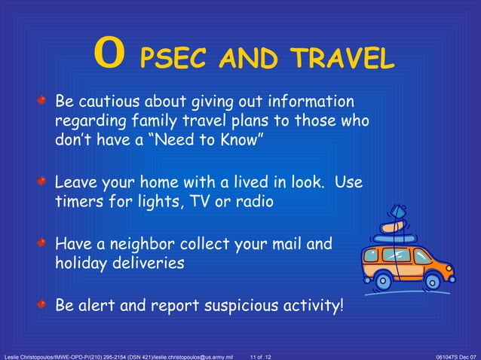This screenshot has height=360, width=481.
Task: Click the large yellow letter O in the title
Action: click(x=109, y=55)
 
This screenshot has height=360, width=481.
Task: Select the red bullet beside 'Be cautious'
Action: click(x=47, y=100)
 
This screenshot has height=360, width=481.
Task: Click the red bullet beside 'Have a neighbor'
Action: click(x=47, y=244)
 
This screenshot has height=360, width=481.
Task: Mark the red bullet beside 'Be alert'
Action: click(x=47, y=305)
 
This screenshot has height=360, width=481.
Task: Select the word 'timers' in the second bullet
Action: click(x=78, y=201)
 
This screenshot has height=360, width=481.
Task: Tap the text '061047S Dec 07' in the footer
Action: click(x=455, y=355)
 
